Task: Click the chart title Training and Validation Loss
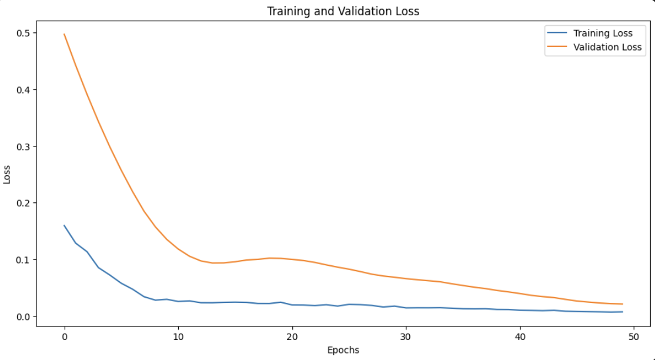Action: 343,11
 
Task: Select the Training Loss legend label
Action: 603,34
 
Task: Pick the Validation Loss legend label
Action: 607,47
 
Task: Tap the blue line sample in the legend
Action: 556,34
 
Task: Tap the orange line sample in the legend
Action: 556,47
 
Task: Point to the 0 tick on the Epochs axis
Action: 64,336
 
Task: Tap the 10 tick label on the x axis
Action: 178,336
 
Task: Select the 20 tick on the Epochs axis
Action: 292,336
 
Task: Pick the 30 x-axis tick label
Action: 406,336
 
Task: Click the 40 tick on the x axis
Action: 520,336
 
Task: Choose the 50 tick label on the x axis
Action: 634,336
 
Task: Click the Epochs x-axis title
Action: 343,350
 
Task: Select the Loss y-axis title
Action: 7,175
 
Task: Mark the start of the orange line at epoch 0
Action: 64,34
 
